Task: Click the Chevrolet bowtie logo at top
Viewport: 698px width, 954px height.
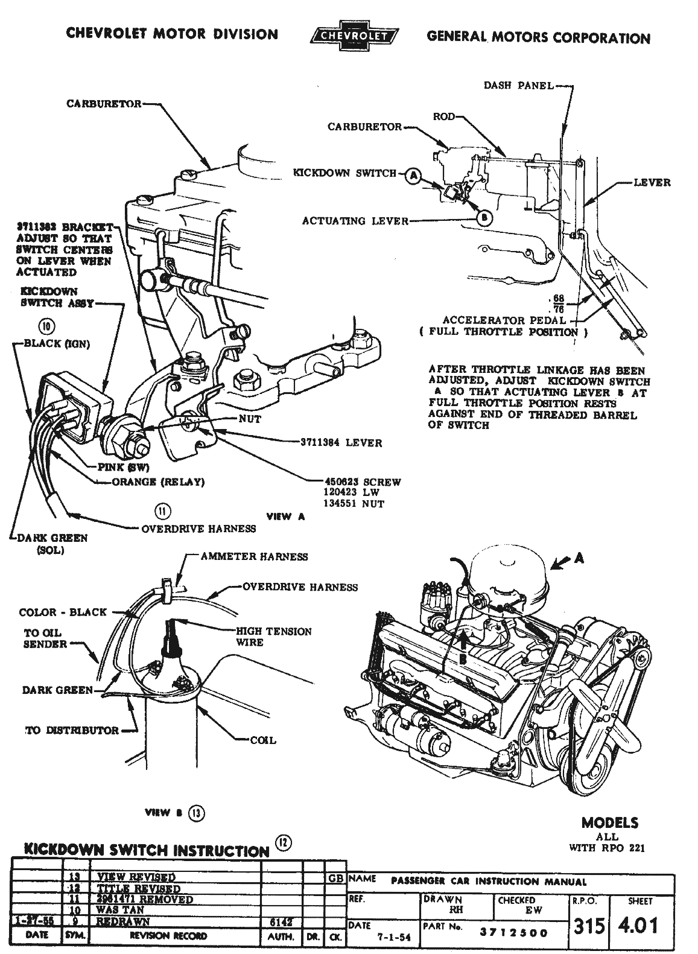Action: coord(352,36)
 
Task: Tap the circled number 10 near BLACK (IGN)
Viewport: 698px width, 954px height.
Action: coord(46,327)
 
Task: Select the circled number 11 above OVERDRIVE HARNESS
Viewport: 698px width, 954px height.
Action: coord(162,511)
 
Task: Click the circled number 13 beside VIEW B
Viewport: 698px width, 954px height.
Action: coord(197,813)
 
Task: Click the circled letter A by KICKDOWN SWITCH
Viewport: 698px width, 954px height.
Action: coord(413,174)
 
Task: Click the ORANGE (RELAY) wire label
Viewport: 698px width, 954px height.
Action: coord(159,482)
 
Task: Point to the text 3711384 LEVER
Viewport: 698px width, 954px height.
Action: coord(341,442)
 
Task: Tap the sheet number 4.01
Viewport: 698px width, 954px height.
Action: coord(640,925)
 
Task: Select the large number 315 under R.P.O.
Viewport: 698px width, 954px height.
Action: coord(589,926)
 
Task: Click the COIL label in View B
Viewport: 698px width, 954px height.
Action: coord(263,740)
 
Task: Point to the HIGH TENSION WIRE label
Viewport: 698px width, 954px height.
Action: coord(273,637)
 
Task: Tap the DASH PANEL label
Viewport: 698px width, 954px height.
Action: coord(518,86)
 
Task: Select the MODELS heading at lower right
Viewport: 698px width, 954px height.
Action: coord(609,822)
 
